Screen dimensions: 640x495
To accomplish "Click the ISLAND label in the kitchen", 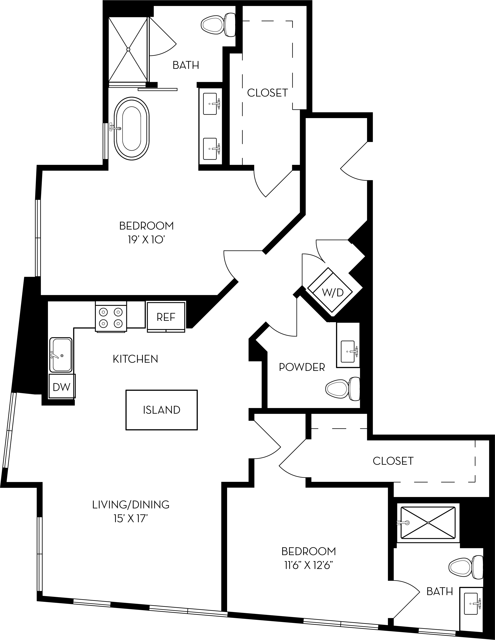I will click(x=162, y=410).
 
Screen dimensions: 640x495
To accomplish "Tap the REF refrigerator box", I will click(x=166, y=317).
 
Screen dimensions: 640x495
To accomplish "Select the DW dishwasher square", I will click(x=62, y=387).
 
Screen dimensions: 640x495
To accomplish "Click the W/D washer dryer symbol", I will click(x=332, y=292).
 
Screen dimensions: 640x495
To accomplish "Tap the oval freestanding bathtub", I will click(x=132, y=129).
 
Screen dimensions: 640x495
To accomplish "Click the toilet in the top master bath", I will click(x=219, y=25).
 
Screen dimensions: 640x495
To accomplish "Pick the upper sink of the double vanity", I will click(x=210, y=104).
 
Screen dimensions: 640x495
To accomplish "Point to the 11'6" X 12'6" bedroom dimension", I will click(x=309, y=565).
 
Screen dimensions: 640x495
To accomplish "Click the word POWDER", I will click(x=302, y=367).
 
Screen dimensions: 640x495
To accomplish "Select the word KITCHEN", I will click(x=135, y=359).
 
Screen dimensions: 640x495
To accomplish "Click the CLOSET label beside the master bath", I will click(x=267, y=93).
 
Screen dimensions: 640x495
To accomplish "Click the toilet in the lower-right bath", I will click(x=466, y=567).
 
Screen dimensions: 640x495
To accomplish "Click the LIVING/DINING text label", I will click(x=131, y=505).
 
